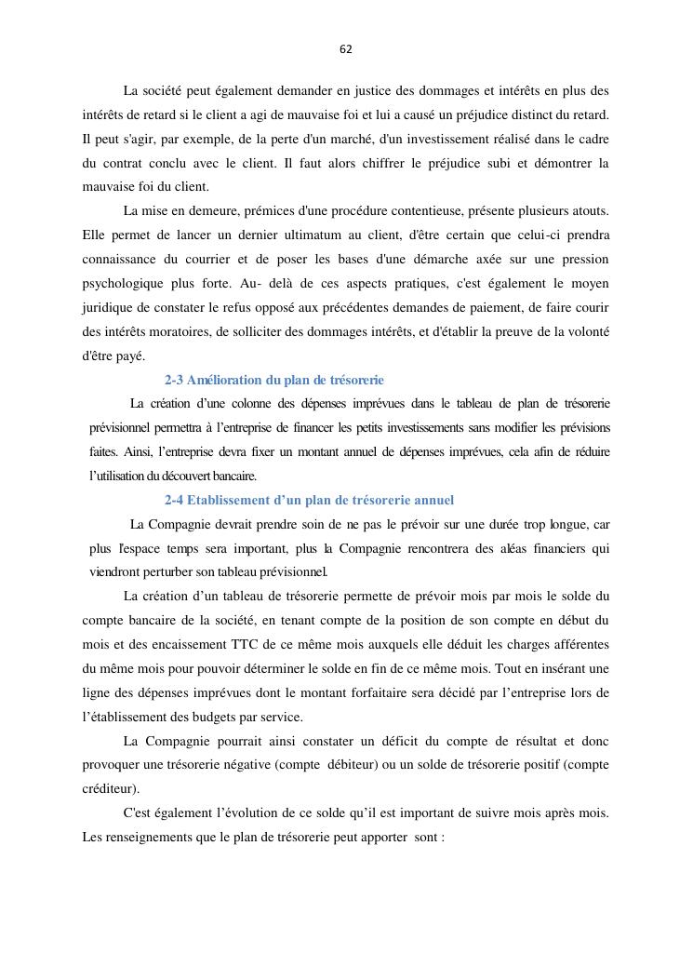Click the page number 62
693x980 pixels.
[346, 49]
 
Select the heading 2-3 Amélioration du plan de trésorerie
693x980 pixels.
[273, 380]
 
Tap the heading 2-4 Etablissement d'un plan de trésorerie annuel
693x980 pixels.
[309, 500]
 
